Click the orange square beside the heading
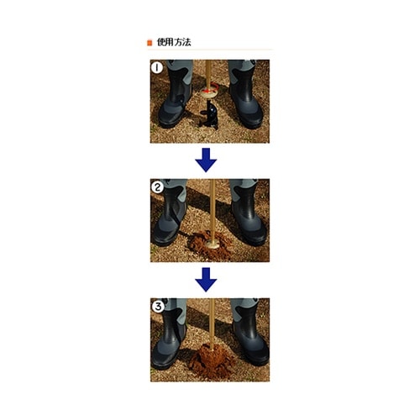click(150, 42)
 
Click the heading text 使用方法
click(174, 42)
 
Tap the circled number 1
click(156, 67)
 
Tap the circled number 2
click(156, 186)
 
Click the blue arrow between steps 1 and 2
click(206, 159)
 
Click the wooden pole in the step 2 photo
click(209, 206)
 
